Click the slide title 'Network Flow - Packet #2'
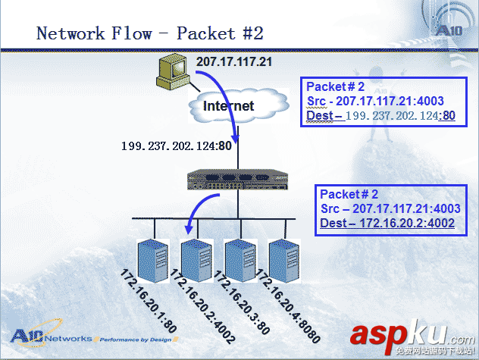coord(150,33)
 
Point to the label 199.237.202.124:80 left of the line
coord(176,146)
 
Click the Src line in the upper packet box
coord(375,101)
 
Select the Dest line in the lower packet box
coord(387,223)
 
